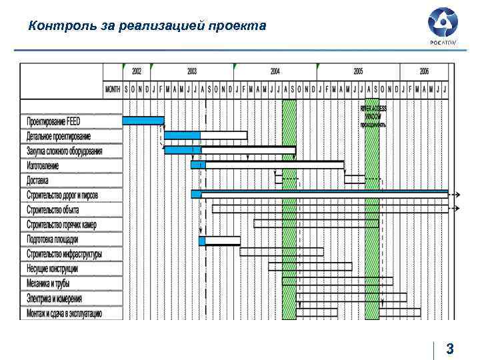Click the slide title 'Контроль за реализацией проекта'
(x=147, y=26)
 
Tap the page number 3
(x=450, y=348)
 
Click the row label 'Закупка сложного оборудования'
(x=65, y=151)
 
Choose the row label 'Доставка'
(x=38, y=180)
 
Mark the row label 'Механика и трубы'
(x=48, y=283)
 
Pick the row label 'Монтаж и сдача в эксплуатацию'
(x=65, y=313)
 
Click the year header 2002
(x=137, y=71)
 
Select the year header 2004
(x=275, y=71)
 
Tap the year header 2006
(x=425, y=71)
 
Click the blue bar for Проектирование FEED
(x=143, y=121)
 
